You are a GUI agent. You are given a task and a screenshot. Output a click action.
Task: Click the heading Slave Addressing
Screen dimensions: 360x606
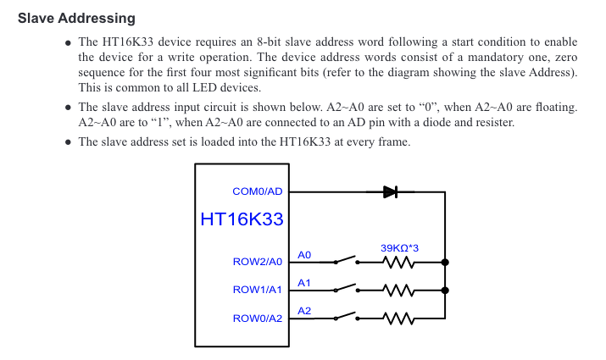click(x=76, y=18)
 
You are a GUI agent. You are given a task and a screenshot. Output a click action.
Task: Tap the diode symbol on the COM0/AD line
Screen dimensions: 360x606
click(x=390, y=191)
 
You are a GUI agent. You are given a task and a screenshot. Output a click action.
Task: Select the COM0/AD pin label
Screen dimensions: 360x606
click(x=257, y=192)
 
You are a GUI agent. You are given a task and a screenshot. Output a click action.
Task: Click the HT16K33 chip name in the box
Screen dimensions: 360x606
click(x=242, y=219)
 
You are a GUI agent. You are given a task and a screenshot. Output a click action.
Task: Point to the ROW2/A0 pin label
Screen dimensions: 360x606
click(x=258, y=263)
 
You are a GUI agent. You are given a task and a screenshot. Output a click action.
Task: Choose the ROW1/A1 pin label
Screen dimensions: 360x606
click(x=258, y=291)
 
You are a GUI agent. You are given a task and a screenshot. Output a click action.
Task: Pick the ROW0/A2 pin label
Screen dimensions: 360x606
click(x=258, y=318)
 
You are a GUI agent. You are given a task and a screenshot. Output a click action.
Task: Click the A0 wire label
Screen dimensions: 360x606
click(x=305, y=254)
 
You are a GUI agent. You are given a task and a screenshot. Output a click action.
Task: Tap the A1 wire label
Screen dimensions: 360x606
click(x=305, y=282)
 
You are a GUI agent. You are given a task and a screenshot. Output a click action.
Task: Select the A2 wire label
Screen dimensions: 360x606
click(x=305, y=311)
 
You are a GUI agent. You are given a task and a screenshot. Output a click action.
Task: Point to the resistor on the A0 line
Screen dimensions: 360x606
click(x=398, y=263)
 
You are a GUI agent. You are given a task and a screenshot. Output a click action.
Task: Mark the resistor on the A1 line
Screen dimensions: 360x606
click(x=398, y=291)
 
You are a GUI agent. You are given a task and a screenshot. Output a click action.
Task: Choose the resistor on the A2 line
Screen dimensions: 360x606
click(x=398, y=318)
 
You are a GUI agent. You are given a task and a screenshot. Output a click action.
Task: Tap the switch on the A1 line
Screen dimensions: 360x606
click(x=346, y=289)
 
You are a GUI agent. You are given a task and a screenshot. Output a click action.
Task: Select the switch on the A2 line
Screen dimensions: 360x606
click(x=346, y=317)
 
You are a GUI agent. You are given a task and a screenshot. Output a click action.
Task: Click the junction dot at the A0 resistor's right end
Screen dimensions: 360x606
click(x=445, y=263)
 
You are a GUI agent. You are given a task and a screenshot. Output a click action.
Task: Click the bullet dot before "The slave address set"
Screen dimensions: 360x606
click(x=68, y=142)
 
